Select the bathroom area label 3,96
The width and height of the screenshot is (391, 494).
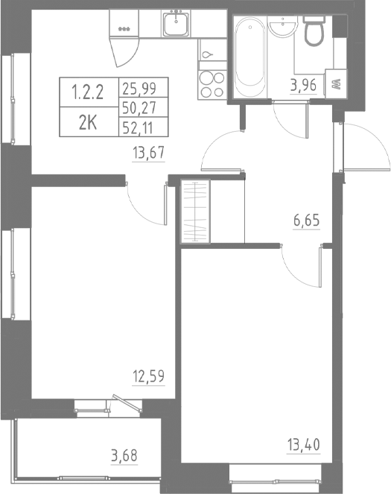[304, 84]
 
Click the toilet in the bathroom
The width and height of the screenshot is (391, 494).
[314, 30]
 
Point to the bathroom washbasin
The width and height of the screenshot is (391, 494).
[282, 28]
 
